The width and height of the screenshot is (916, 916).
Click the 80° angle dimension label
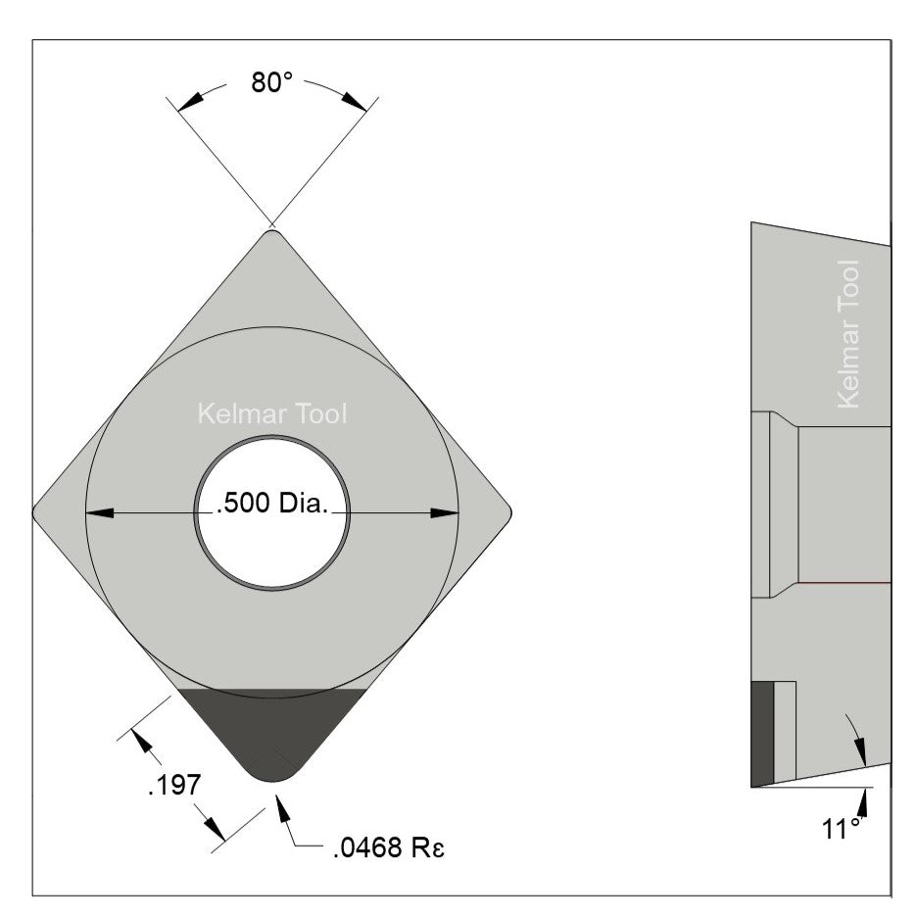click(271, 83)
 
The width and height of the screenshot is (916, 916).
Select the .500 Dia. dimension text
click(271, 506)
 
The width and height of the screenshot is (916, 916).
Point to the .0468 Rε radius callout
click(388, 847)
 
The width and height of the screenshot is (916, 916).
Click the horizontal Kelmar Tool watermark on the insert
click(271, 413)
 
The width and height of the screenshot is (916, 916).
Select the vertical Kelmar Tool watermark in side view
click(848, 334)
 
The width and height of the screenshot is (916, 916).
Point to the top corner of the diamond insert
click(271, 232)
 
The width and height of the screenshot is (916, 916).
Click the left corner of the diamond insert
click(37, 510)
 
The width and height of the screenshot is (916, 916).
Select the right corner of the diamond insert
click(506, 510)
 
